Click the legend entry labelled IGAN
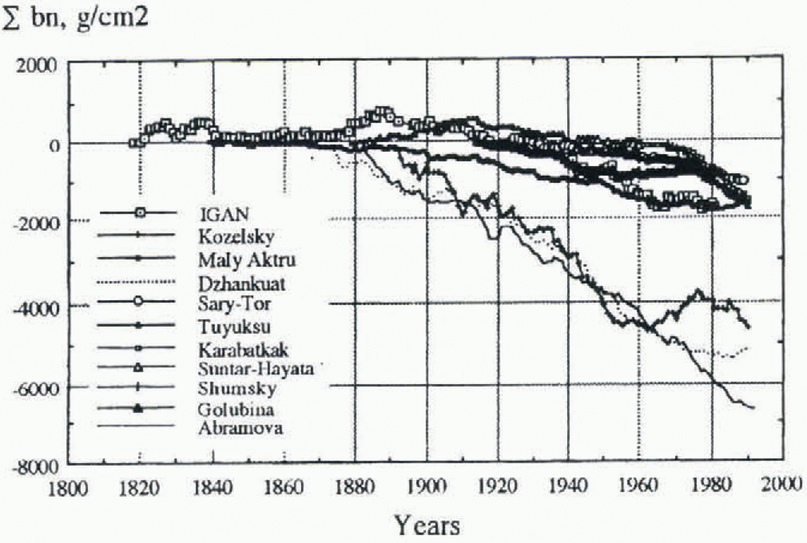(224, 214)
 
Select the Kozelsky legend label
(236, 236)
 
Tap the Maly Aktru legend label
(247, 260)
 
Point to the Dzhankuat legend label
(242, 283)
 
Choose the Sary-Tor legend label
(234, 303)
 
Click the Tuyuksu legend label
(235, 326)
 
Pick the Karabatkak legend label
(243, 350)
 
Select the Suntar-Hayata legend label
(256, 369)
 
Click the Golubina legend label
(236, 409)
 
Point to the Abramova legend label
(240, 428)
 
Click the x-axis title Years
(427, 525)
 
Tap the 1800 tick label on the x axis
(68, 488)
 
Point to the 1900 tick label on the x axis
(427, 487)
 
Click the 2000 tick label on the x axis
(782, 484)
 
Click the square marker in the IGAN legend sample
(139, 213)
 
